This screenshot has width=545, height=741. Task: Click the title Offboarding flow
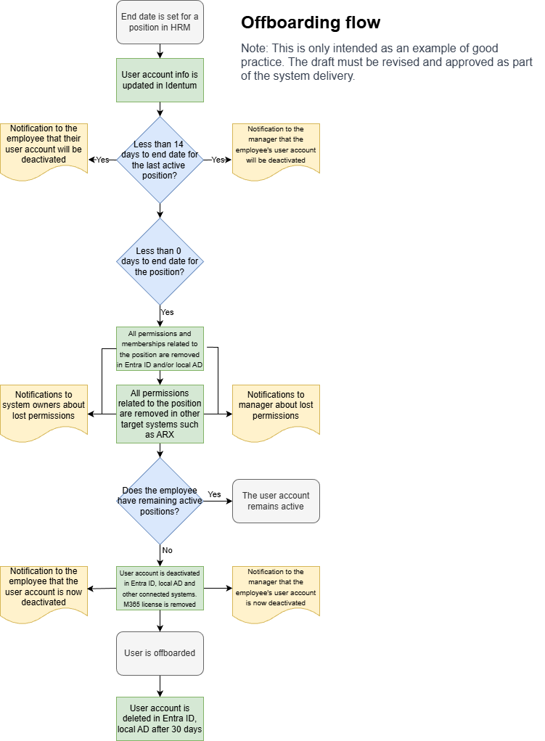(310, 22)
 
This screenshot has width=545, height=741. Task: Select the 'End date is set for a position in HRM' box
(160, 22)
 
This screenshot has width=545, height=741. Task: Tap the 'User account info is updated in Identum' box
(160, 80)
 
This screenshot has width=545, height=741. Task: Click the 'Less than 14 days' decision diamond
(160, 160)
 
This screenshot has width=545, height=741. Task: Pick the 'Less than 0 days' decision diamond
(160, 261)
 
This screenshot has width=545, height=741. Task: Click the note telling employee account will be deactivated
(44, 149)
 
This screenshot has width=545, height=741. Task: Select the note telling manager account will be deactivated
(276, 149)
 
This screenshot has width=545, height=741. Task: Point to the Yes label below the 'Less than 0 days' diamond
(167, 312)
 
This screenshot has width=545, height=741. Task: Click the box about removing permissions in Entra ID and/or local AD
(160, 348)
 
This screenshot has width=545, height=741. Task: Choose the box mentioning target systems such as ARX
(160, 414)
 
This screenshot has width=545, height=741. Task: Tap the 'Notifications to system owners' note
(44, 409)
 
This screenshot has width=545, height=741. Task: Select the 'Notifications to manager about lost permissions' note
(276, 409)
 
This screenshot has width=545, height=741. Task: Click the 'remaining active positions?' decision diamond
(160, 501)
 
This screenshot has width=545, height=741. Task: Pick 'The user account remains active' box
(276, 501)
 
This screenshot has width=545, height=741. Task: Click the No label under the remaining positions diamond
(167, 550)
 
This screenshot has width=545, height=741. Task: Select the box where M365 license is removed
(160, 588)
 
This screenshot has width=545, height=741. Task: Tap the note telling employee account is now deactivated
(44, 591)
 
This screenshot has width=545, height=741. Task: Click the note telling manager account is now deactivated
(276, 591)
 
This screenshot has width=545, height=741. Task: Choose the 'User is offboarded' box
(160, 653)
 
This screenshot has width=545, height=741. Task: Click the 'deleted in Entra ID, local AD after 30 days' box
(160, 719)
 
